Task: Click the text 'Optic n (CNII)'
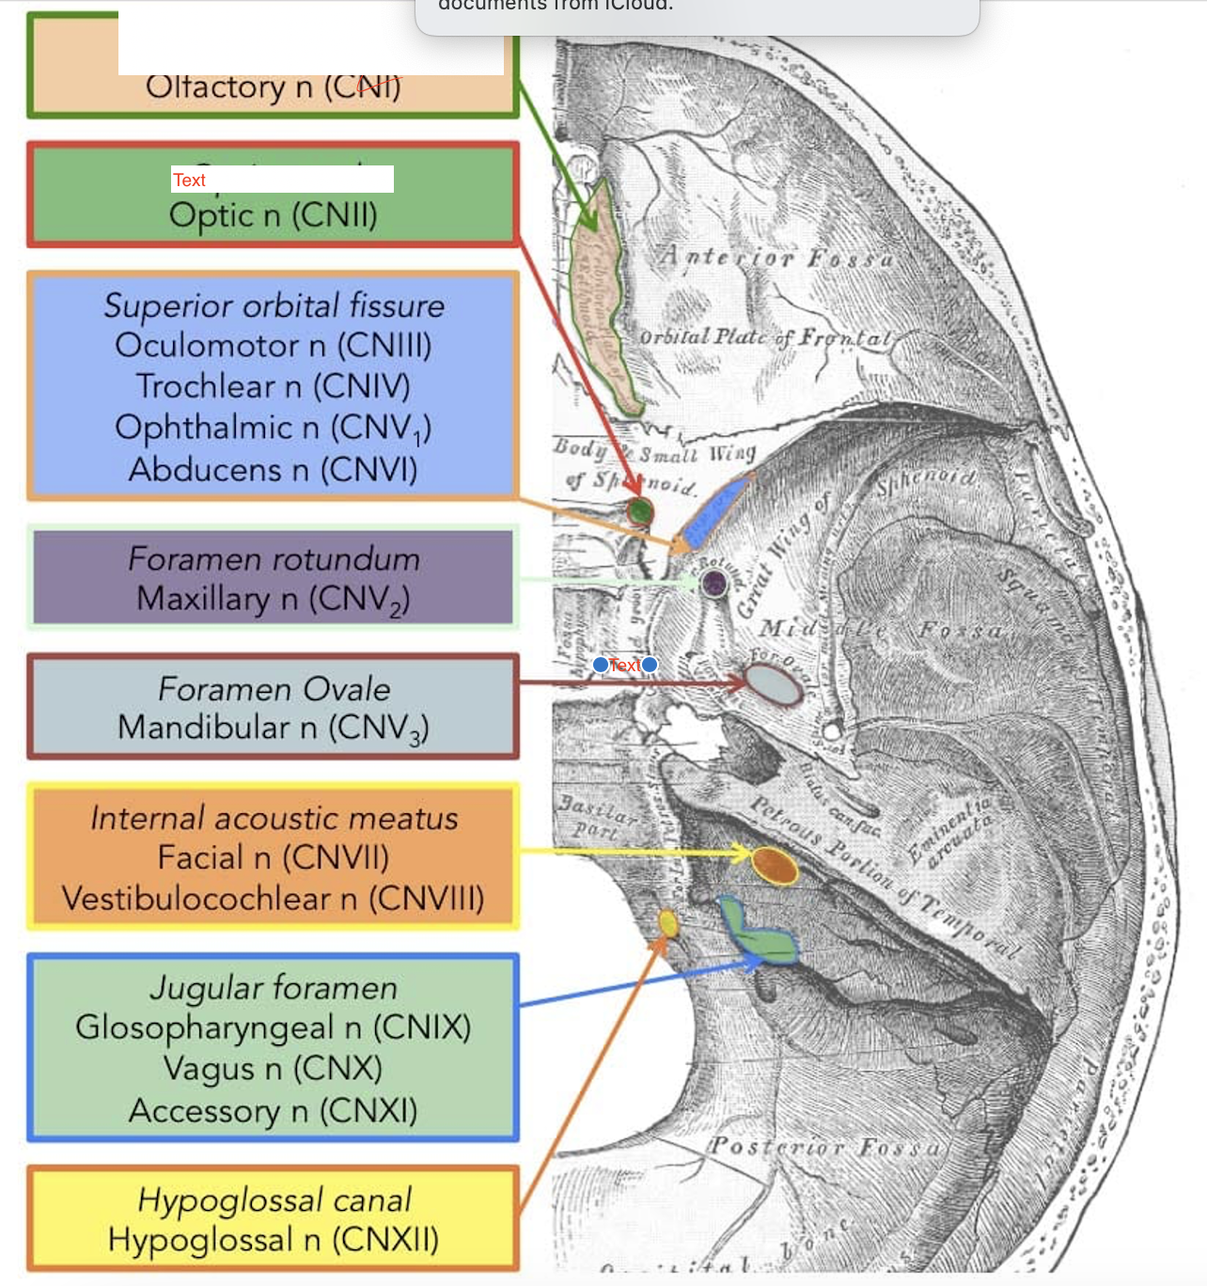click(273, 215)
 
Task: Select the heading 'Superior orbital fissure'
click(274, 306)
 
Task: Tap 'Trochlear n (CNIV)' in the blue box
click(273, 386)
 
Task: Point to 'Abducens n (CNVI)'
click(273, 469)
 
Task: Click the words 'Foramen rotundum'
click(274, 559)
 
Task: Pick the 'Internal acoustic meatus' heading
click(274, 818)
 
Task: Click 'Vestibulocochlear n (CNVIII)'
click(273, 899)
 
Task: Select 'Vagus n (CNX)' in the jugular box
click(273, 1069)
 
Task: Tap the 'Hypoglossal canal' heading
click(274, 1200)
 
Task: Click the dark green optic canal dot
click(640, 511)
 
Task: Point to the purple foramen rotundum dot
click(714, 583)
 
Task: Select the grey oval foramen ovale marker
click(775, 684)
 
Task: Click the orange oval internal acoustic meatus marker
click(775, 865)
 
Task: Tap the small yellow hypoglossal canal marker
click(668, 923)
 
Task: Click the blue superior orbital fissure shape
click(716, 510)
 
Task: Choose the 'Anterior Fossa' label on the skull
click(776, 257)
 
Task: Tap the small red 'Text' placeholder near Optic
click(189, 180)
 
